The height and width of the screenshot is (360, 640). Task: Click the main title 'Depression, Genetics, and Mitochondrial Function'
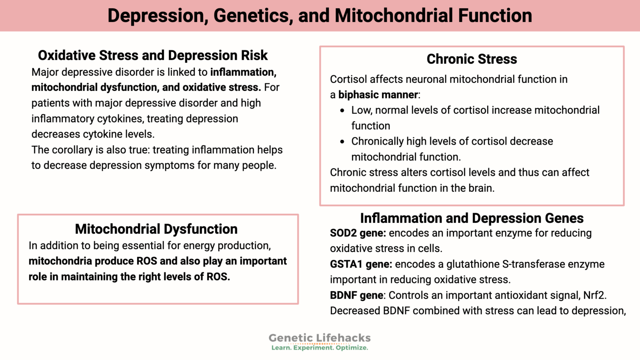[x=320, y=16]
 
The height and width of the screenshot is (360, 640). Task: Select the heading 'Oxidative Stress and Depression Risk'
[x=153, y=55]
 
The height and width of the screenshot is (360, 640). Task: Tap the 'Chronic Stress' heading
[x=472, y=59]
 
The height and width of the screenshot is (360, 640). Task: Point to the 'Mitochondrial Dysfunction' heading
[x=156, y=229]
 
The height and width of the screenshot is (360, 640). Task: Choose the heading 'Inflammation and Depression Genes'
[x=472, y=218]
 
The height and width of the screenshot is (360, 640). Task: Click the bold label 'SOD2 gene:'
[x=357, y=233]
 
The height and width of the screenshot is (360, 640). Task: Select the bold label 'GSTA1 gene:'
[x=360, y=264]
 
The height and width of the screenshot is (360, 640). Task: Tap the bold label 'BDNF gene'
[x=356, y=295]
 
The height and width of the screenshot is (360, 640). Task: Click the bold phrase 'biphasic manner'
[x=378, y=95]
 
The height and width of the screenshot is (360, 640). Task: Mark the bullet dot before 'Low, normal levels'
[x=342, y=111]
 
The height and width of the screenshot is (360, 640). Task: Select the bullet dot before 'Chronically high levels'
[x=342, y=142]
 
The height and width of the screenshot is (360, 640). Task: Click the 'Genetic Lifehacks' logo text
[x=320, y=338]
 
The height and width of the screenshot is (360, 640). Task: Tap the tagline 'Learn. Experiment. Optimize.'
[x=320, y=348]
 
